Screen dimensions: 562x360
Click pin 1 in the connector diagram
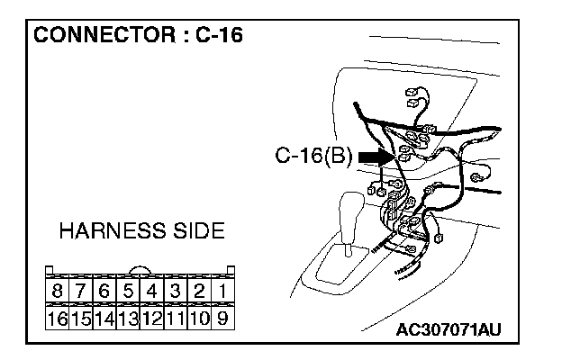pos(222,292)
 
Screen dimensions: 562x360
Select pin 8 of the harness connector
pos(58,292)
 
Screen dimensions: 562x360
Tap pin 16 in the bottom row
pos(58,317)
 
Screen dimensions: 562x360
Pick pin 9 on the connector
pos(222,317)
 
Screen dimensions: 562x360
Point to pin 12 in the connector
pos(151,317)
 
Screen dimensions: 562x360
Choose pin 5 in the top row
pos(128,292)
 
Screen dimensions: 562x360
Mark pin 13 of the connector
pos(128,317)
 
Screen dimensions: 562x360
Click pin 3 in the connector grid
pos(175,292)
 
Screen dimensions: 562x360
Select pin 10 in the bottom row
pos(198,317)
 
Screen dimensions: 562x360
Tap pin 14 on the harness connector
pos(104,317)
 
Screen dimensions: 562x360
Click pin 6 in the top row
pos(104,292)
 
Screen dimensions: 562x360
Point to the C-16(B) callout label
pos(314,157)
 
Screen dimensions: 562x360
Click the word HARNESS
pos(104,231)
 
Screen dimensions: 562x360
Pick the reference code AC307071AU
pos(448,329)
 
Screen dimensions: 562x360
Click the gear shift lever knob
pos(349,212)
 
